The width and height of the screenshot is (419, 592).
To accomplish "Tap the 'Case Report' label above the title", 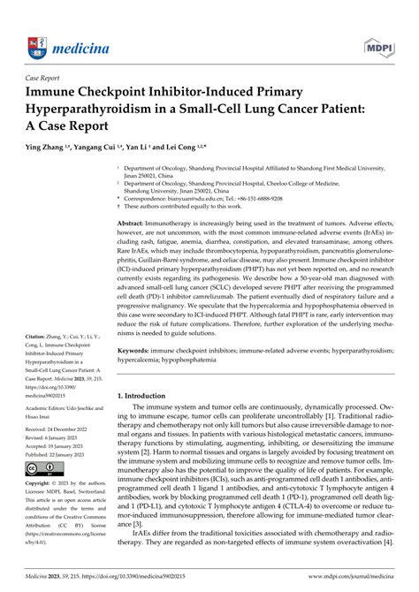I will click(49, 77).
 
